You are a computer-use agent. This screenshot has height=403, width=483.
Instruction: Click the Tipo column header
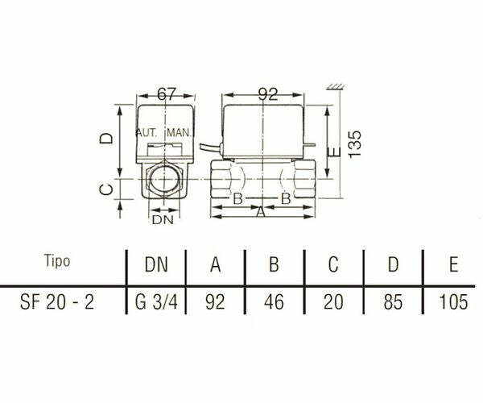coord(57,262)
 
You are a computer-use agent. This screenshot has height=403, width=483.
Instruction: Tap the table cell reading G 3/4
coord(155,302)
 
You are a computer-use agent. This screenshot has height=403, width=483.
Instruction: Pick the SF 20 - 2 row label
coord(57,302)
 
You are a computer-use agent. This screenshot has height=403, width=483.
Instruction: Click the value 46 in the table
coord(275,302)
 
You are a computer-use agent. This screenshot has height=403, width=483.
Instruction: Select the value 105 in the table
coord(452,302)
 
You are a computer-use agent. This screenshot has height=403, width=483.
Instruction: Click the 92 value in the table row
coord(216,302)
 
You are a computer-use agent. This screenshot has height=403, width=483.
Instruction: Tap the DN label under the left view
coord(163,218)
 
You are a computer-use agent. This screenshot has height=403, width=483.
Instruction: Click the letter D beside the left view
coord(105,138)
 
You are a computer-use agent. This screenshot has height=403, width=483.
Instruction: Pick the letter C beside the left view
coord(105,189)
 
